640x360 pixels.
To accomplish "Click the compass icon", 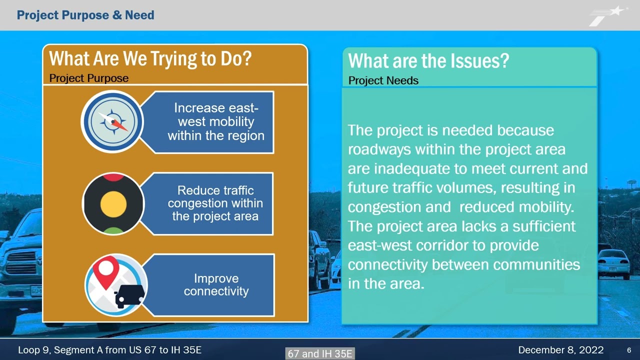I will coord(112,121).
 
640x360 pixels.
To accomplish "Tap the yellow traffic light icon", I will coord(113,203).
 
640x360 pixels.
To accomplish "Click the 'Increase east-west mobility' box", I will coord(215,121).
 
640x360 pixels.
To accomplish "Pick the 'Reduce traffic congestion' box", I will coord(215,203).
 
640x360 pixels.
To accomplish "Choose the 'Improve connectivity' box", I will coord(216,285).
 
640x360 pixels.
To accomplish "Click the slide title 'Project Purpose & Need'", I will coord(85,15).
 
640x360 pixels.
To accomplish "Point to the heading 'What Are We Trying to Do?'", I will coord(150,59).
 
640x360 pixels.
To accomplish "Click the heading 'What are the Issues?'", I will coord(428,61).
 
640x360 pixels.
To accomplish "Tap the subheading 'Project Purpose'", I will coord(89,78).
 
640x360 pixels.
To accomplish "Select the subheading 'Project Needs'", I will coord(383,80).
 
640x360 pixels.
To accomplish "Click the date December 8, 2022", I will coord(560,350).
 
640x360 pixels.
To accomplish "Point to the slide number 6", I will coord(629,350).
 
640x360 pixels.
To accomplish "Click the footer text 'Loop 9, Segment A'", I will coord(60,350).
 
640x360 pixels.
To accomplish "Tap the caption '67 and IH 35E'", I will coord(320,353).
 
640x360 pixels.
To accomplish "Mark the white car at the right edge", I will coord(614,262).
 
